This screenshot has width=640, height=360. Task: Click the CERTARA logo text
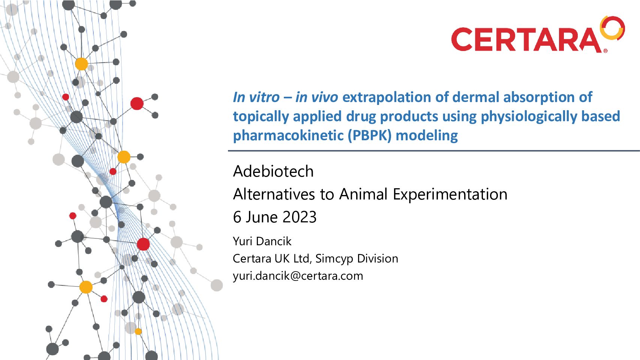click(526, 40)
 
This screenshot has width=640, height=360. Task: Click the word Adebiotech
click(273, 171)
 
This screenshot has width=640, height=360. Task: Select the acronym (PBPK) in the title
click(369, 135)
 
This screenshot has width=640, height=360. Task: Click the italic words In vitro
click(256, 97)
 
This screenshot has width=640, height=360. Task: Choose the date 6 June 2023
click(275, 217)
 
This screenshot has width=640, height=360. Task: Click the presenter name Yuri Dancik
click(262, 241)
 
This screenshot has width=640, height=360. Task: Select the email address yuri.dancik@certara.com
click(298, 276)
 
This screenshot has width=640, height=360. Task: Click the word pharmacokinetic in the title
click(288, 135)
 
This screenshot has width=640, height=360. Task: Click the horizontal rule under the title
click(434, 151)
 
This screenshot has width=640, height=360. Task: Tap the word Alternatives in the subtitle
click(274, 194)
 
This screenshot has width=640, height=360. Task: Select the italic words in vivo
click(316, 97)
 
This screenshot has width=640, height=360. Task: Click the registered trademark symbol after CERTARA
click(606, 51)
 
